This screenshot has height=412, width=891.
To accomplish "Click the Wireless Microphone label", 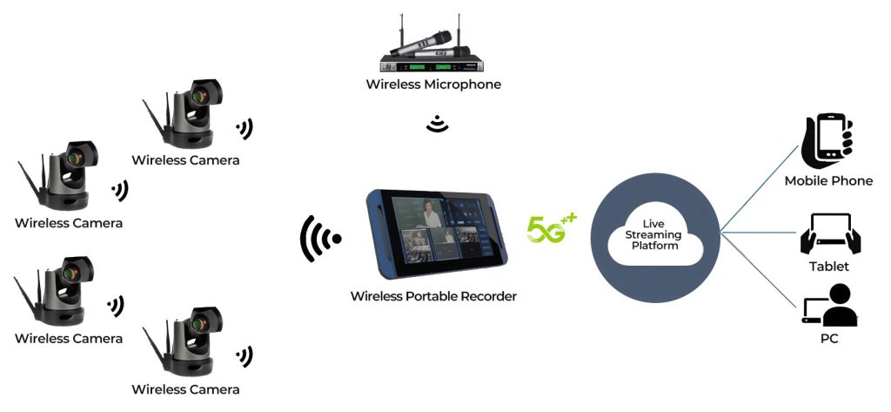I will (x=433, y=84).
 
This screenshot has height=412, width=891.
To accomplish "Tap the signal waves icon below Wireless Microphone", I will (x=437, y=125).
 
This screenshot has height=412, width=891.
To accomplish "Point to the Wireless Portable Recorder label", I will (x=433, y=296).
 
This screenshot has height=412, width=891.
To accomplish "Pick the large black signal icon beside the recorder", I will (x=319, y=238).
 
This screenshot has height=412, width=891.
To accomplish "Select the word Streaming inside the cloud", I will (x=656, y=235).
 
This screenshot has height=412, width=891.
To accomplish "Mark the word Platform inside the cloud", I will (x=656, y=247).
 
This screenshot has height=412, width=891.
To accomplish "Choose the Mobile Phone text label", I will (x=828, y=181).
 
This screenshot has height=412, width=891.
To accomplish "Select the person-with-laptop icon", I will (x=829, y=306).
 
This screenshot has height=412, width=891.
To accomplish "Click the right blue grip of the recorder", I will (x=502, y=231).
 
